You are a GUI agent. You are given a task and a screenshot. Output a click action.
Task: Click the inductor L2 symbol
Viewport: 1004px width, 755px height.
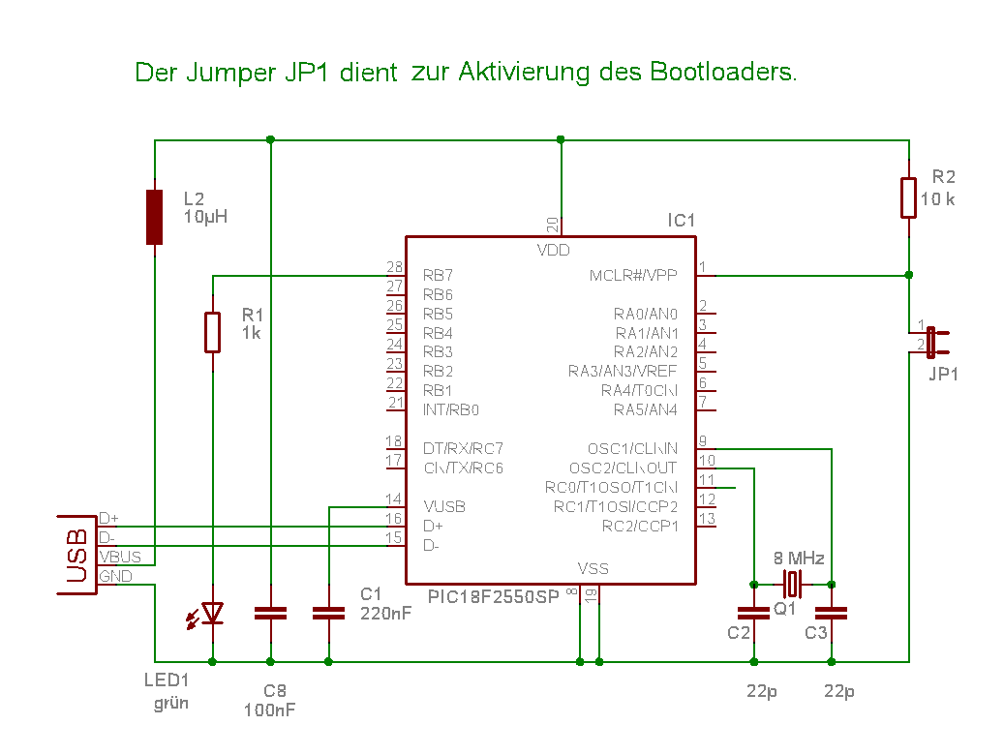[154, 217]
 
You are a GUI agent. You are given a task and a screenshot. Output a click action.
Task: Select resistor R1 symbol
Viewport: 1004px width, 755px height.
[213, 331]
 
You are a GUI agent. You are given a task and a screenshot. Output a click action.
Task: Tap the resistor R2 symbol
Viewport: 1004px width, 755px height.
[909, 197]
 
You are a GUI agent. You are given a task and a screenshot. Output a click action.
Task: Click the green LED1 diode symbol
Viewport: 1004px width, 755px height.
[212, 613]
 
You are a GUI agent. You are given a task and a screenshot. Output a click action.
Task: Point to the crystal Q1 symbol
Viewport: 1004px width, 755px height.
[793, 585]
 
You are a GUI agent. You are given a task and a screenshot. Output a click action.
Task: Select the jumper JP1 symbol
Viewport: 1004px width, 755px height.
[931, 342]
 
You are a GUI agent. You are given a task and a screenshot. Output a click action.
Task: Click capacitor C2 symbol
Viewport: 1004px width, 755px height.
[753, 613]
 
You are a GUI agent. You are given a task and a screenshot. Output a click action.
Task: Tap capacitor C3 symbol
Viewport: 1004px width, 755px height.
[831, 613]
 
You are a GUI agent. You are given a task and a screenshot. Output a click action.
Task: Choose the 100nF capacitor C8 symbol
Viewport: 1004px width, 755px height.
[270, 613]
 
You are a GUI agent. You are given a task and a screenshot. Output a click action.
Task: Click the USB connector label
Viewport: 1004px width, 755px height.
[76, 557]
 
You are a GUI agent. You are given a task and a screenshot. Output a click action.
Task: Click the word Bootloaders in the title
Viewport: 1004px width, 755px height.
[722, 72]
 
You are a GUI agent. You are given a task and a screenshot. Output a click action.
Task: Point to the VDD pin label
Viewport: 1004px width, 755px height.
[554, 251]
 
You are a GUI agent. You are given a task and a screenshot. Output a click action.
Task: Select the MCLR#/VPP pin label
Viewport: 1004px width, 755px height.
[633, 275]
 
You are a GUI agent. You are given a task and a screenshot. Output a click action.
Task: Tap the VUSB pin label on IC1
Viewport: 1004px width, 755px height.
[444, 506]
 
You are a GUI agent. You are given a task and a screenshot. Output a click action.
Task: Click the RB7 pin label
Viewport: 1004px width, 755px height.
[438, 275]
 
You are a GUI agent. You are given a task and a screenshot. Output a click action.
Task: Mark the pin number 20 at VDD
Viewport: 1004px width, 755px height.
[552, 225]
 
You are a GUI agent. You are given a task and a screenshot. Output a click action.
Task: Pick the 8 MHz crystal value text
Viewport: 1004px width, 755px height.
[799, 559]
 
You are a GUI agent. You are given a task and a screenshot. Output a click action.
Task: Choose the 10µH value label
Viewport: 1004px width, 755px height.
[205, 216]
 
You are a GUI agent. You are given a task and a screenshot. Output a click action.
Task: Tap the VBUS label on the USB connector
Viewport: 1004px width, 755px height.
[120, 557]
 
